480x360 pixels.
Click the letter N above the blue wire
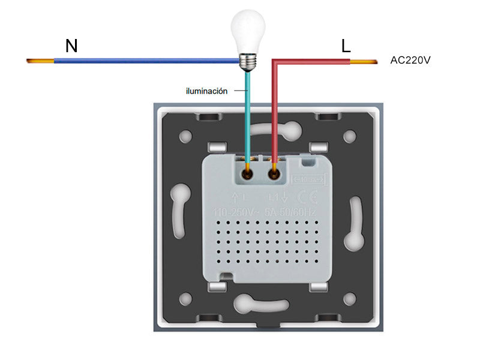click(x=71, y=46)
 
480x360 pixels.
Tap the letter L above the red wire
click(x=346, y=46)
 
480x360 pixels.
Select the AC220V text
click(x=411, y=60)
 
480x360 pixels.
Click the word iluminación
click(x=206, y=91)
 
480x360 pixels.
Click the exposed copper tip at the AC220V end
click(x=363, y=61)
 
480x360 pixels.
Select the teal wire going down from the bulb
click(x=247, y=114)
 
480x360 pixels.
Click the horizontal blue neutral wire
click(x=144, y=61)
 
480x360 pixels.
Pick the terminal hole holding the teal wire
click(x=247, y=174)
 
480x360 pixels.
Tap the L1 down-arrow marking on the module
click(x=278, y=196)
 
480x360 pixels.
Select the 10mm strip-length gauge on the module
click(x=308, y=179)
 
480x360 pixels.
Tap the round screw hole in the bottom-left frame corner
click(x=186, y=297)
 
